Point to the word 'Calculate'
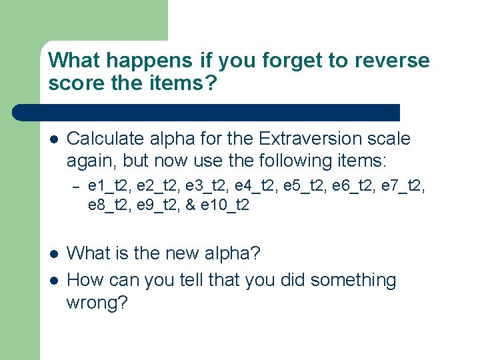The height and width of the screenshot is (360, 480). point(107,139)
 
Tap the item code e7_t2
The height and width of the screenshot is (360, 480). point(407,185)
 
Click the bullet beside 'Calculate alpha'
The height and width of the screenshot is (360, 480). point(53,139)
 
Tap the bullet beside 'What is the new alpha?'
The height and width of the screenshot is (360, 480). point(53,254)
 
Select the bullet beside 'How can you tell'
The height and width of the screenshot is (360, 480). point(53,281)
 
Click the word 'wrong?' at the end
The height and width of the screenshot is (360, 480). point(97,303)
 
